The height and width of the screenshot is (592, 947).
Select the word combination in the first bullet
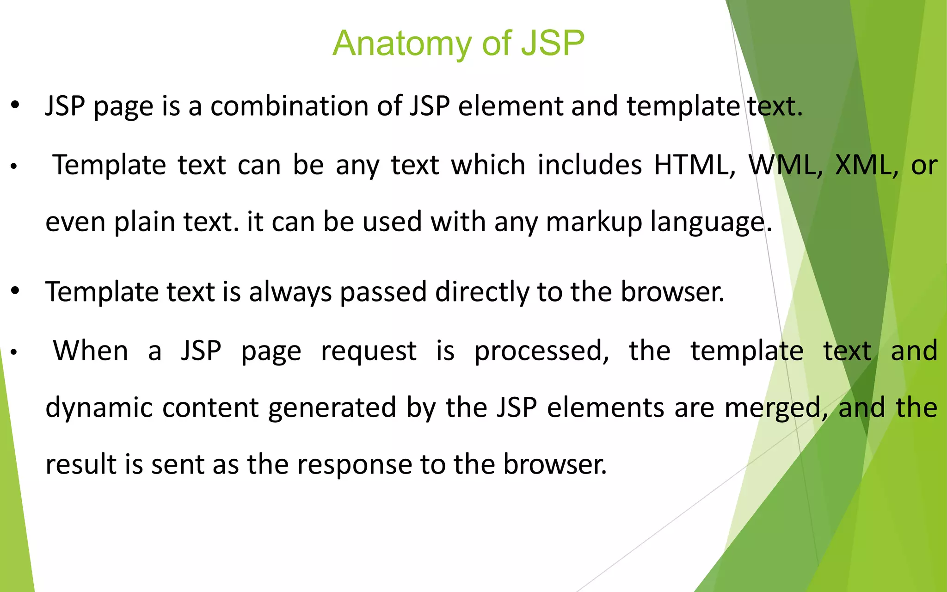(x=289, y=106)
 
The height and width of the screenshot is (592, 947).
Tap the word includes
(x=590, y=165)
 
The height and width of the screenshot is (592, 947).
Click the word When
(x=91, y=351)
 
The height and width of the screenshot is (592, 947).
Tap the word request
(x=369, y=351)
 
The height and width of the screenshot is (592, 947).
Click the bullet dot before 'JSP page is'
(x=15, y=105)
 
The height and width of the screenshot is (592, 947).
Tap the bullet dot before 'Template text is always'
(x=15, y=291)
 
